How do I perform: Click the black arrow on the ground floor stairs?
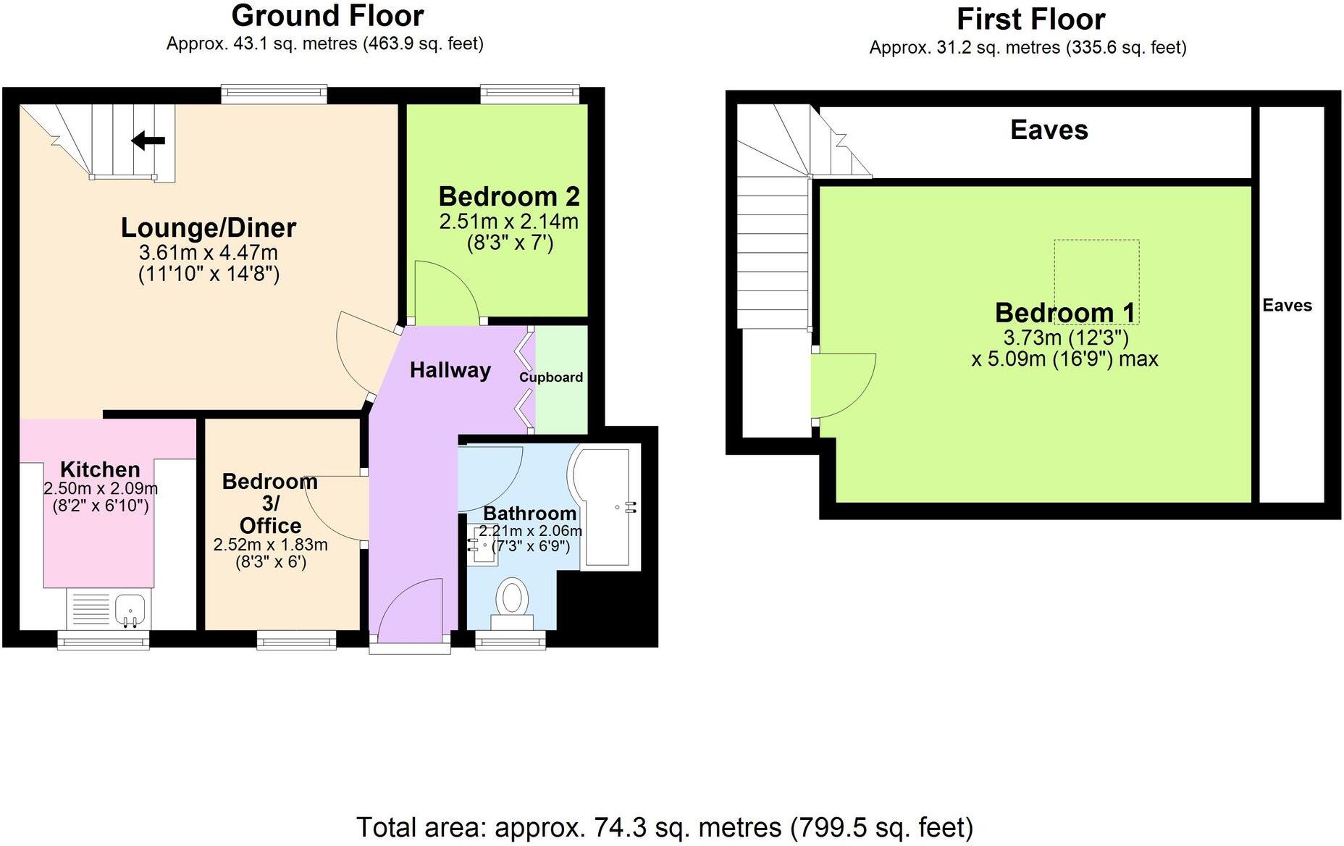click(x=148, y=141)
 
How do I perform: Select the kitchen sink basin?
click(x=130, y=608)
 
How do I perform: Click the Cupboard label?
click(x=551, y=377)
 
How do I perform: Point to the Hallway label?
click(x=450, y=370)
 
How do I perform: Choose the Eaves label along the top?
click(x=1049, y=130)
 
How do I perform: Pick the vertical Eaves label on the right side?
click(x=1287, y=305)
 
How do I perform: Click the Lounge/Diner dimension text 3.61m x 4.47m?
click(x=209, y=253)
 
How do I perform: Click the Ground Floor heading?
click(x=327, y=16)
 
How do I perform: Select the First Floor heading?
click(x=1030, y=19)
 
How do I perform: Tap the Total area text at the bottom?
click(x=665, y=826)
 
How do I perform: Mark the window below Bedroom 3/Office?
click(x=296, y=639)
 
